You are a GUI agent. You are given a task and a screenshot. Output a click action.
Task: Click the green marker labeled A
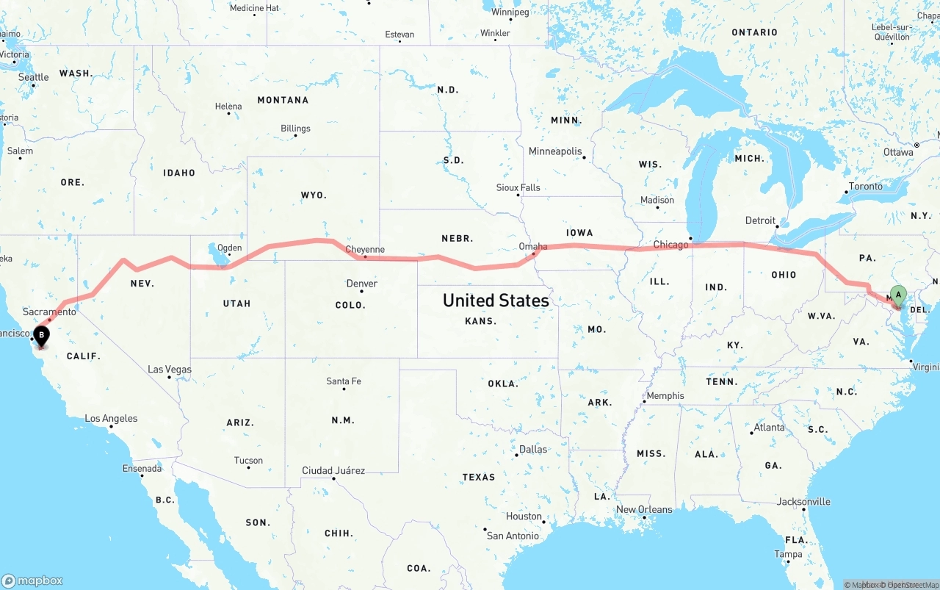coord(897,295)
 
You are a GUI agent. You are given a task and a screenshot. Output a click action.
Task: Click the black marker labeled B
coord(42,336)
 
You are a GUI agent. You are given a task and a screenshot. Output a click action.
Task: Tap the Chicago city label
coord(670,245)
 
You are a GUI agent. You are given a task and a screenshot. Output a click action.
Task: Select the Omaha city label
coord(532,246)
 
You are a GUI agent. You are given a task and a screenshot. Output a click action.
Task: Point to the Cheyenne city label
coord(365,250)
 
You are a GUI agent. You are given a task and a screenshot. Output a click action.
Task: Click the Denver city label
coord(361,284)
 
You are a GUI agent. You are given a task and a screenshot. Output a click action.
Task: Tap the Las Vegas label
coord(170,369)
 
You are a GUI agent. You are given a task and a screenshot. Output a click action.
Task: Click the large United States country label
coord(496,301)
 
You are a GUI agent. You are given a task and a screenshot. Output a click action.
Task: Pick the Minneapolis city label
coord(555,151)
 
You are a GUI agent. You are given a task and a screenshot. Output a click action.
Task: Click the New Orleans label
coord(644,509)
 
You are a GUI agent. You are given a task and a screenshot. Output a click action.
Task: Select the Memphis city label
coord(665,395)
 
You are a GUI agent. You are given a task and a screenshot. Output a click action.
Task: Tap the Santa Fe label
coord(344,381)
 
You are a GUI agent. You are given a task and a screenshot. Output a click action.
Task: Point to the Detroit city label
coord(760,220)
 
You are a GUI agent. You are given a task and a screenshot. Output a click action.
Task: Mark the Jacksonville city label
coord(803,502)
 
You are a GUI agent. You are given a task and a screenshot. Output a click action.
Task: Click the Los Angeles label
coord(111,418)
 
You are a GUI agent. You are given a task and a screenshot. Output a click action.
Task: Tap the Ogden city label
coord(230,248)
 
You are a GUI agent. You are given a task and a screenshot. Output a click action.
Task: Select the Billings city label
coord(295,129)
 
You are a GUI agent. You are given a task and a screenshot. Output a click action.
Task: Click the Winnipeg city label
coord(510,12)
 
